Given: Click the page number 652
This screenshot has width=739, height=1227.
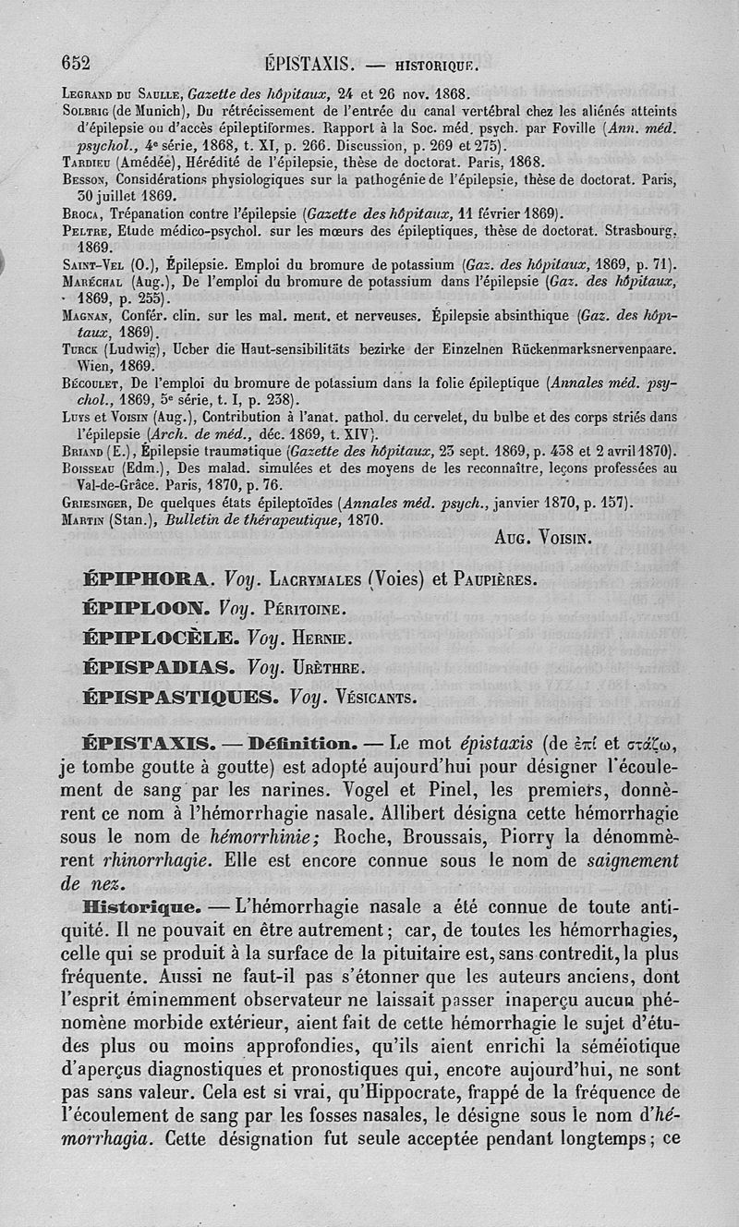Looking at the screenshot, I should point(75,63).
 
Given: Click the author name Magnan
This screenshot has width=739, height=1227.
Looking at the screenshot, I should point(85,314).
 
